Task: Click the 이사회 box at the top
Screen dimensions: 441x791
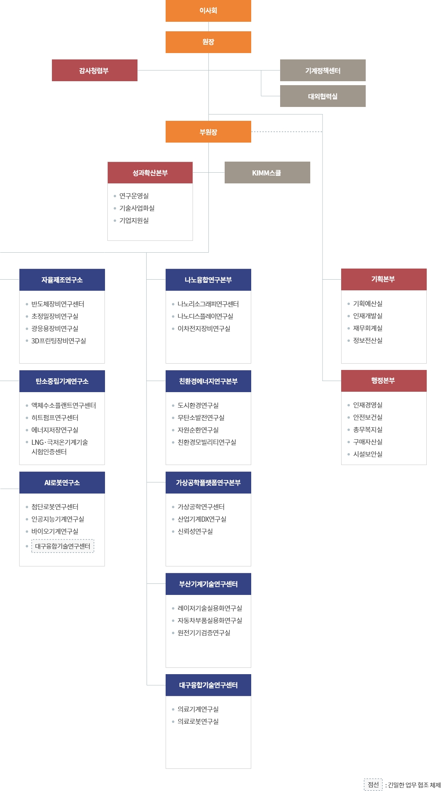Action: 208,11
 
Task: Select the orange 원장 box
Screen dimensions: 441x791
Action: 208,42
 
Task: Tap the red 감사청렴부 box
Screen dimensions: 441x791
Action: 95,71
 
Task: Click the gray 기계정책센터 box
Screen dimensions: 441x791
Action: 323,71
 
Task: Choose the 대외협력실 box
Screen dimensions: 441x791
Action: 323,96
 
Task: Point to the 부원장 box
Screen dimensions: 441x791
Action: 208,132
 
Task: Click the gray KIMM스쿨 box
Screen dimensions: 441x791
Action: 267,173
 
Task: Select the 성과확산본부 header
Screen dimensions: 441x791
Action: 150,173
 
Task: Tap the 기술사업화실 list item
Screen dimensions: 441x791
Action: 137,208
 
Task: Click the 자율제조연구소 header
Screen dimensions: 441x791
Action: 62,280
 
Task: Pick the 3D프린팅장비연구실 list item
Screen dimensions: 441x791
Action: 59,341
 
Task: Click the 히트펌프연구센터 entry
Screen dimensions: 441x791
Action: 55,418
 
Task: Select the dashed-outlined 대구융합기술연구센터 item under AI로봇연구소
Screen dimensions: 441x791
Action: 63,546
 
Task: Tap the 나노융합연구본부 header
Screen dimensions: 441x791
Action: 208,280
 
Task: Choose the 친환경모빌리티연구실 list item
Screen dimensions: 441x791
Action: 207,442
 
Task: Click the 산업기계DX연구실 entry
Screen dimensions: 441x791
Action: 202,519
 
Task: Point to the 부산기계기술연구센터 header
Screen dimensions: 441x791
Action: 208,584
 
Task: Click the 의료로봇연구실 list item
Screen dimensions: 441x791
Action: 198,722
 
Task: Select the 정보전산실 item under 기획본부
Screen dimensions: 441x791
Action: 368,341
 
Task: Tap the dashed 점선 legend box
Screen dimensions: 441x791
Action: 373,784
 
